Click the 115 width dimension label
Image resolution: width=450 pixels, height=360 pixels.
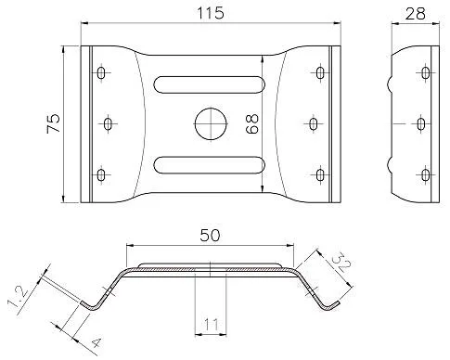coord(211,13)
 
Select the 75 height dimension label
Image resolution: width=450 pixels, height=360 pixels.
coord(53,123)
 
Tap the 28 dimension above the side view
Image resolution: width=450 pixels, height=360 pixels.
coord(416,14)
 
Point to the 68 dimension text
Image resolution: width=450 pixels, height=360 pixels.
coord(252,123)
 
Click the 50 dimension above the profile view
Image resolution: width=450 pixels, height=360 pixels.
coord(210,236)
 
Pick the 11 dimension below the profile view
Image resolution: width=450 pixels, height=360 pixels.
coord(211,325)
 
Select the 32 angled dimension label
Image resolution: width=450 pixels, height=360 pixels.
coord(342,262)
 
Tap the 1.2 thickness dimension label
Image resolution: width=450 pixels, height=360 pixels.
coord(19,301)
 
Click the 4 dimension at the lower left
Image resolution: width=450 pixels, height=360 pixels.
coord(96,342)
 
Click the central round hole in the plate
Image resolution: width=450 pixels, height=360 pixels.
coord(211,123)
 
